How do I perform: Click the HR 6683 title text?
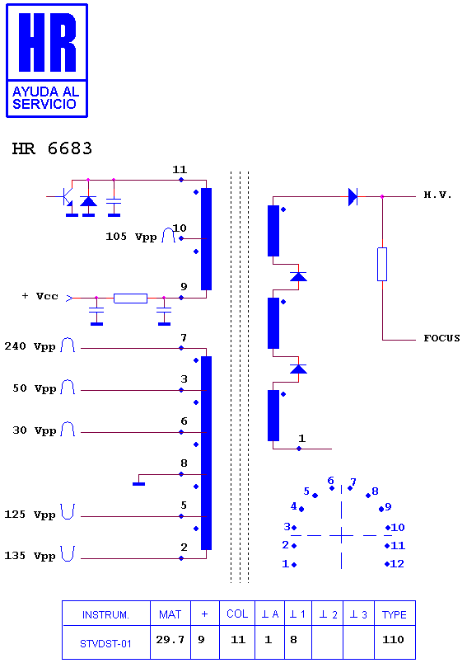tap(52, 148)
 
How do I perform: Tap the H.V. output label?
tap(438, 195)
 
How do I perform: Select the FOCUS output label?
tap(441, 338)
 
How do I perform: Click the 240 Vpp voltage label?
tap(30, 346)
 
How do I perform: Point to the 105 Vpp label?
tap(131, 237)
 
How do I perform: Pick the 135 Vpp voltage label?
tap(30, 556)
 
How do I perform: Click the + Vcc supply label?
tap(40, 296)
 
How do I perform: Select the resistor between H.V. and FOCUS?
tap(382, 264)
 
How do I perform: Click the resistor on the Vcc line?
tap(130, 298)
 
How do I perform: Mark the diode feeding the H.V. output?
tap(353, 196)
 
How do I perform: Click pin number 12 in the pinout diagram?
tap(397, 564)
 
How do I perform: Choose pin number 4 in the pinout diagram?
tap(294, 506)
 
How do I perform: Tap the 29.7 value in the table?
tap(170, 639)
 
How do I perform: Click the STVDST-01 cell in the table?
tap(105, 643)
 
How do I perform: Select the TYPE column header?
tap(395, 615)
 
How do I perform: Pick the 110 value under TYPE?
tap(393, 639)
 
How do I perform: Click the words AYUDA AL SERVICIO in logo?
tap(45, 97)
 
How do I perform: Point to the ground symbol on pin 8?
tap(139, 483)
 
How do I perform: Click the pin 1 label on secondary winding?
tap(301, 438)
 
